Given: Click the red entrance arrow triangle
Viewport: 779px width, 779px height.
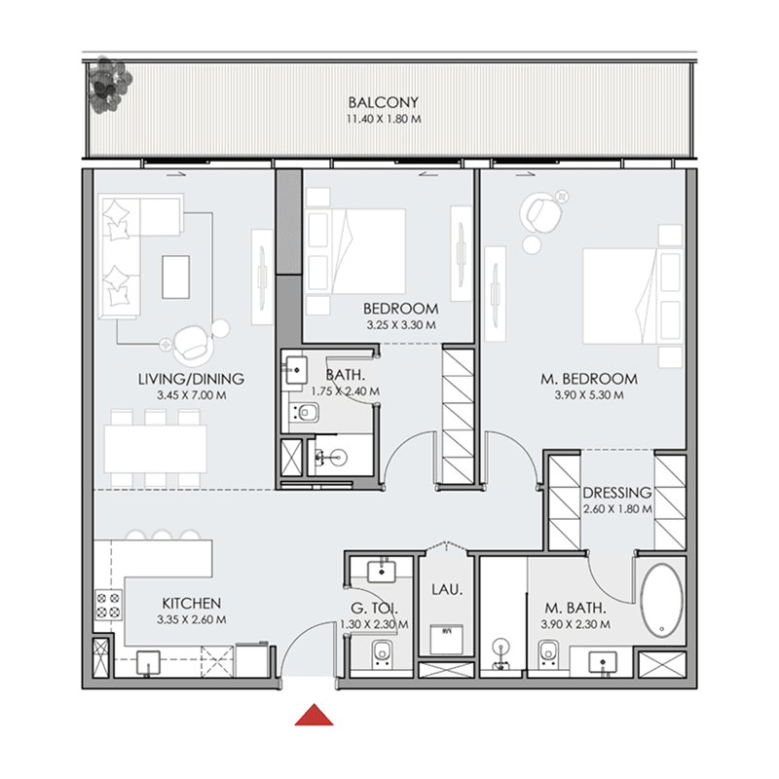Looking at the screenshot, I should (x=314, y=716).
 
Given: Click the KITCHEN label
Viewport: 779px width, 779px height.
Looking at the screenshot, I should (x=192, y=604).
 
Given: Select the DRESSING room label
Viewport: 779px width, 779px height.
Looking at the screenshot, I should (x=617, y=492).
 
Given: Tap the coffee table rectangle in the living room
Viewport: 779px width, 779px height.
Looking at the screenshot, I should (x=177, y=276).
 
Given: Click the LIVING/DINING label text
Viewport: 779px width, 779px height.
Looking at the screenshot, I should (x=191, y=379).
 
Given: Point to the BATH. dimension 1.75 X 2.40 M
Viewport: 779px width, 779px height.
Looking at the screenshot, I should (x=346, y=391).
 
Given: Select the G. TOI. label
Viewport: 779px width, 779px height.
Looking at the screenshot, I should (x=376, y=609).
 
